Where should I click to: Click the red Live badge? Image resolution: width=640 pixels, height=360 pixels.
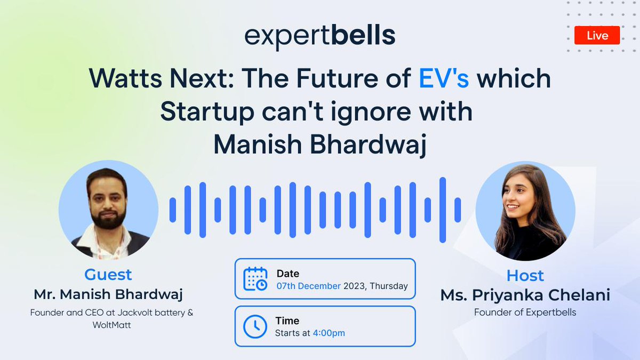tap(597, 35)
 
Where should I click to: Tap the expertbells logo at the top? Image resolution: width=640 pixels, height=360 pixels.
tap(320, 36)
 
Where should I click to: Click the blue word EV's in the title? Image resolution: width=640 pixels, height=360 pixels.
tap(443, 79)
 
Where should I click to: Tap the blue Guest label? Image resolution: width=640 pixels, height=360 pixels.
tap(108, 275)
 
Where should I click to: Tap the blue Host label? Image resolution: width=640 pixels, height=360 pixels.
tap(525, 275)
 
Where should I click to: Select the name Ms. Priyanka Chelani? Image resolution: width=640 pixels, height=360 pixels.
tap(525, 295)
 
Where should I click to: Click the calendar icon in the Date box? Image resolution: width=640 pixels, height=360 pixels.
tap(255, 279)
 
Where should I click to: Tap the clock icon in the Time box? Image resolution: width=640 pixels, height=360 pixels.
tap(255, 326)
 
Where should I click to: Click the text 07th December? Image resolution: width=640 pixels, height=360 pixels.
tap(308, 286)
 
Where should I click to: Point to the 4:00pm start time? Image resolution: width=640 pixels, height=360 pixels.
tap(329, 333)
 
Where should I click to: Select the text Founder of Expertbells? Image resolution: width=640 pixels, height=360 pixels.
tap(525, 313)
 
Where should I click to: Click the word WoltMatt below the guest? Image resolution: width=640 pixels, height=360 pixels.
tap(111, 324)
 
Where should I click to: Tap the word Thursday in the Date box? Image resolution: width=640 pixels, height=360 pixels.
tap(389, 286)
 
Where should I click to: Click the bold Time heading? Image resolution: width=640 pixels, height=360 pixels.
tap(287, 321)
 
